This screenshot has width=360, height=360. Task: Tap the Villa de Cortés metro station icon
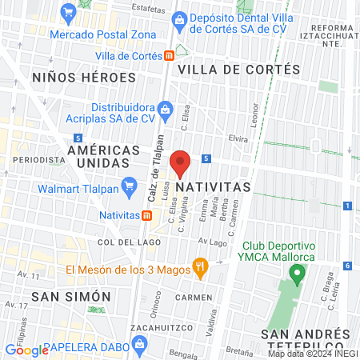coord(169,55)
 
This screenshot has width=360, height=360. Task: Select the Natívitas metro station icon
coord(146,215)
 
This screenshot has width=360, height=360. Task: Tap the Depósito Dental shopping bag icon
coord(181,18)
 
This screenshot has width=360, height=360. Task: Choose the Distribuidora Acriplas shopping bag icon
coord(165,107)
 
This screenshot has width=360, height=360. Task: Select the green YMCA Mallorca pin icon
coord(297,275)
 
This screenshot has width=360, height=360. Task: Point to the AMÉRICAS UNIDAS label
coord(99,156)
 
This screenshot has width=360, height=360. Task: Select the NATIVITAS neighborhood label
coord(213,186)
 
